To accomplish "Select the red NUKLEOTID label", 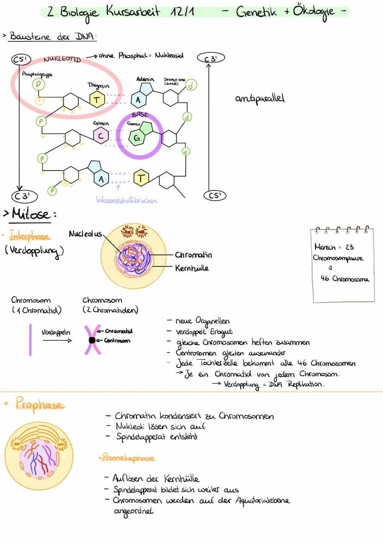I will [62, 60].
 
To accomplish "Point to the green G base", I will [136, 137].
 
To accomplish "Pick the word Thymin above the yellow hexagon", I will [98, 86].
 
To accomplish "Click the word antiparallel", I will [260, 99].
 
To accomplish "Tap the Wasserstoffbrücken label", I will [126, 200].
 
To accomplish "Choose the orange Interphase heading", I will [29, 236].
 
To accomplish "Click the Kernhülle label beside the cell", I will [192, 268].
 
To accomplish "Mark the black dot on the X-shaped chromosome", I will [92, 340].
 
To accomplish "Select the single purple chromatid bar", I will [30, 340].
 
